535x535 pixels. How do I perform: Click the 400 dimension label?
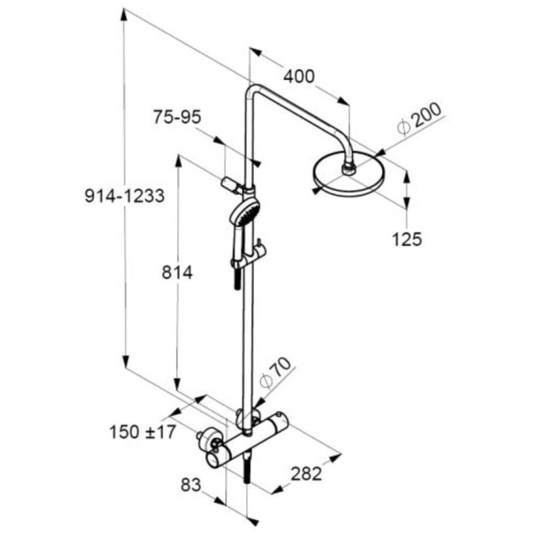click(x=299, y=77)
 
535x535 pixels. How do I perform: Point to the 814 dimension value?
click(x=177, y=273)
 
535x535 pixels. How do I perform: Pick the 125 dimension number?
click(x=407, y=239)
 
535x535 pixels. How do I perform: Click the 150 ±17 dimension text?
click(x=143, y=431)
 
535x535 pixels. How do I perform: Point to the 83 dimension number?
click(x=191, y=485)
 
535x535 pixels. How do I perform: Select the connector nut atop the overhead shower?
click(x=348, y=168)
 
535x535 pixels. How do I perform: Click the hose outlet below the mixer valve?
click(x=247, y=473)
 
